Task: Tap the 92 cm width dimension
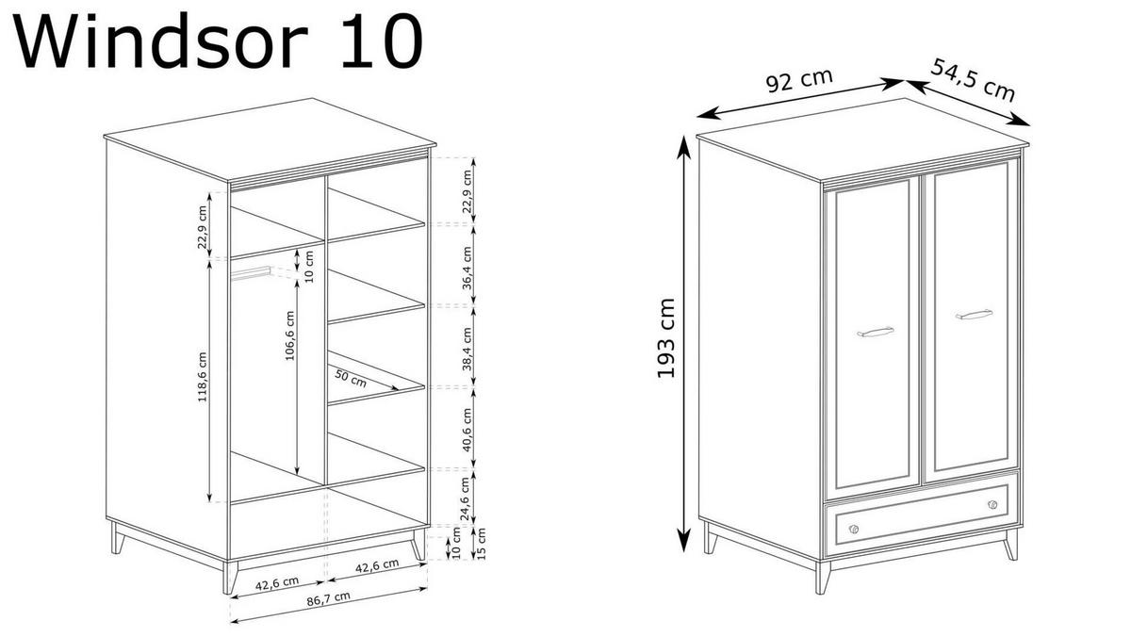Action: (x=798, y=81)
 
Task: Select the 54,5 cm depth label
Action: (x=973, y=79)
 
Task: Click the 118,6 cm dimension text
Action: (x=203, y=376)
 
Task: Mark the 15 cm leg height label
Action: (x=481, y=545)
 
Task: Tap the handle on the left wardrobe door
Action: (x=875, y=331)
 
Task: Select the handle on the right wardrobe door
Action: (x=974, y=314)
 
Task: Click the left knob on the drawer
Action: (x=854, y=529)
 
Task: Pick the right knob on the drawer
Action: (x=992, y=505)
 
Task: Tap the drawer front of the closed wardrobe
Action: (x=922, y=516)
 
